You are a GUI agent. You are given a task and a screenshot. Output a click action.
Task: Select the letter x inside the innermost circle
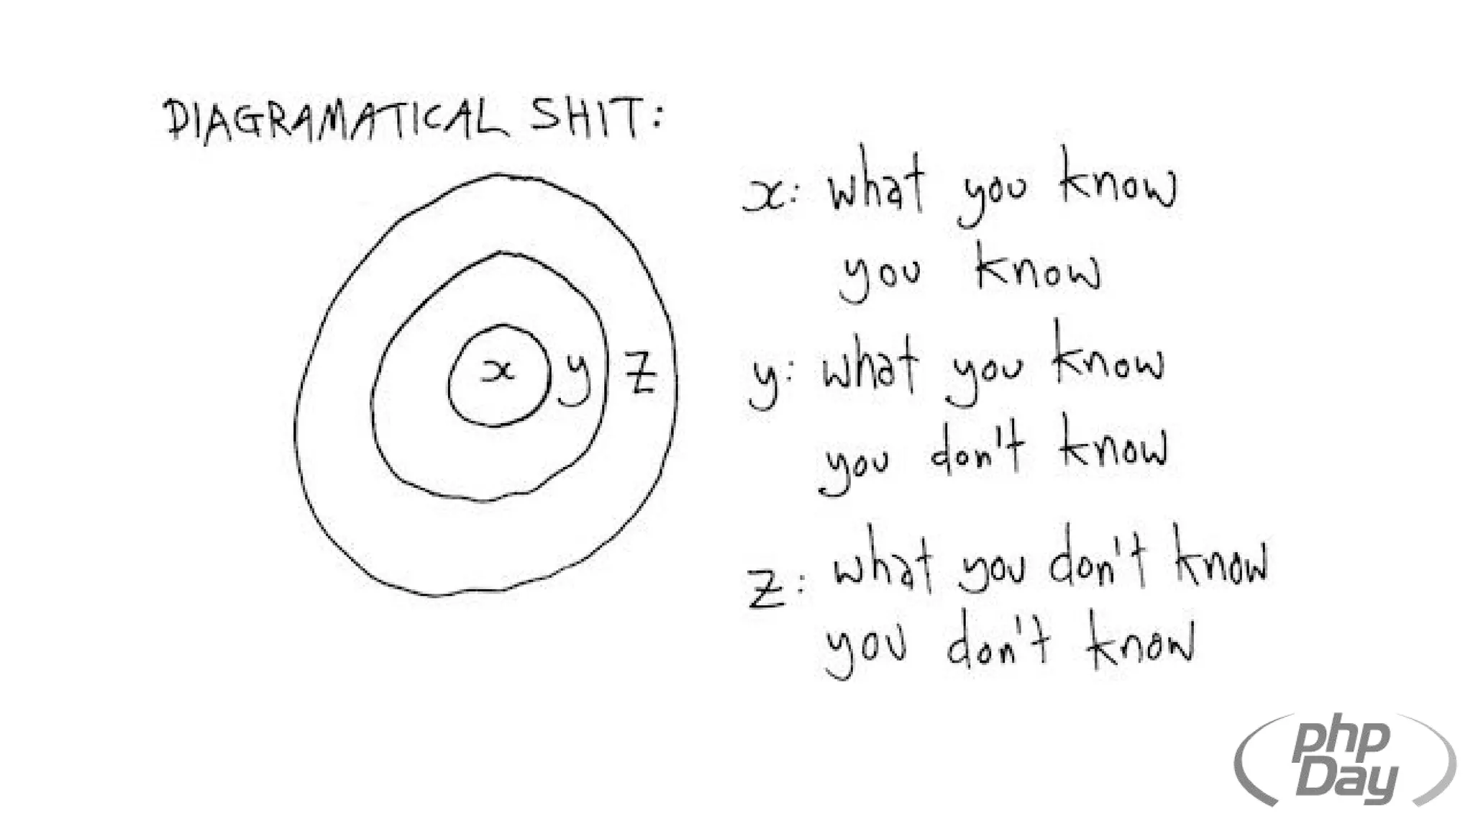tap(498, 371)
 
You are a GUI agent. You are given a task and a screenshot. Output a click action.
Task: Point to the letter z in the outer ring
tap(639, 373)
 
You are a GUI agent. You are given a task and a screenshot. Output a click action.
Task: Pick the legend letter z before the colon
tap(767, 588)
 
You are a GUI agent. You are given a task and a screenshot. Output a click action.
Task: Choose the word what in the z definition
tap(883, 568)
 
